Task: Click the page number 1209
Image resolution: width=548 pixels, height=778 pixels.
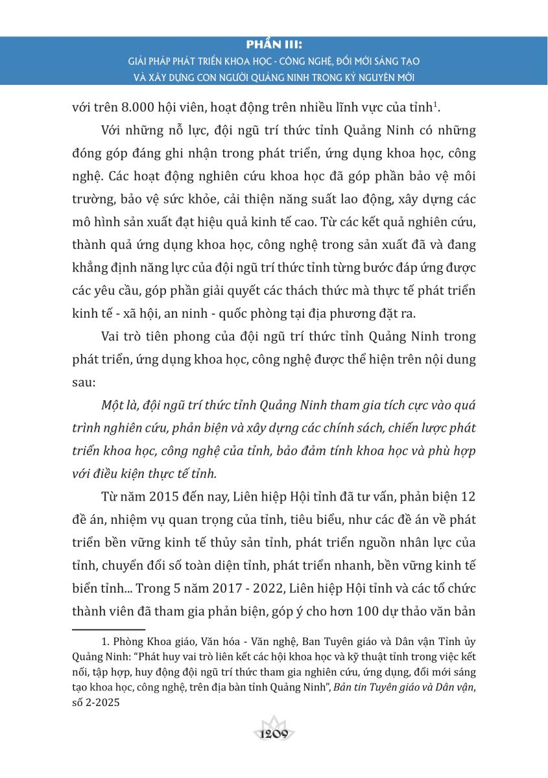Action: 274,735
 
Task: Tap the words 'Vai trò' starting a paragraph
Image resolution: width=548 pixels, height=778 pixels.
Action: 120,337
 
